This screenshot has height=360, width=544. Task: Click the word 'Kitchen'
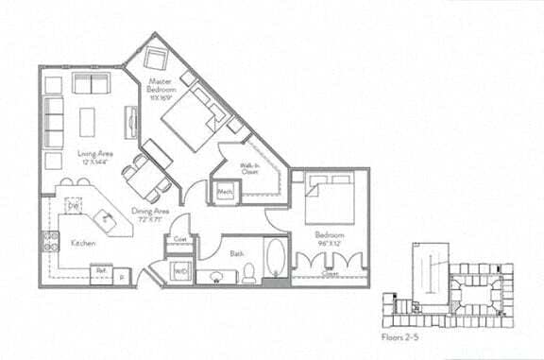point(83,244)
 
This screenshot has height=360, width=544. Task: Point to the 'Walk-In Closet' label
point(250,170)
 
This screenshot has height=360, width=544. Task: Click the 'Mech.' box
point(226,193)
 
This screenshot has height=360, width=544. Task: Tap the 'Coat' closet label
point(179,239)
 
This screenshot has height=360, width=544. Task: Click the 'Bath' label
point(237,253)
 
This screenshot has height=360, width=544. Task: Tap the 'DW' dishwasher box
point(73,206)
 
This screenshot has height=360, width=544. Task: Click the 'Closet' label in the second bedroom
point(330,275)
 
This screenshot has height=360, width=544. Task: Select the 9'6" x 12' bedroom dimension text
point(331,242)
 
